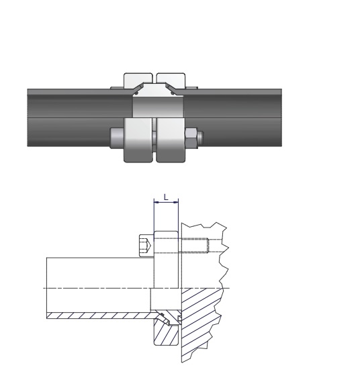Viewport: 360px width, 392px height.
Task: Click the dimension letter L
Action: click(x=166, y=197)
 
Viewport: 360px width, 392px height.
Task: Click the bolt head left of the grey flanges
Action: click(x=117, y=138)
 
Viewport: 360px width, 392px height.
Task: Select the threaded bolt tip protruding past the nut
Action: click(x=201, y=138)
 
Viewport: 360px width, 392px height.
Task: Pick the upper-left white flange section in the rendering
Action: click(x=138, y=81)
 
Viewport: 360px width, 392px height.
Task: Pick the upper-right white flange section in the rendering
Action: click(x=171, y=81)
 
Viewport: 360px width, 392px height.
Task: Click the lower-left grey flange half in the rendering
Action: click(x=138, y=140)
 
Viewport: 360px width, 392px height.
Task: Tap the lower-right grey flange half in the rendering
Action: click(x=171, y=140)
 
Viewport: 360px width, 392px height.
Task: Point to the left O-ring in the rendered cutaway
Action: click(x=136, y=93)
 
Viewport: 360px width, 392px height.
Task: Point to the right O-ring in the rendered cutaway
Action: click(x=173, y=93)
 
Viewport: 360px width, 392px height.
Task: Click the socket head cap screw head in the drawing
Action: click(x=146, y=246)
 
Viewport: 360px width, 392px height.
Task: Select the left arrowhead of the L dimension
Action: click(x=156, y=202)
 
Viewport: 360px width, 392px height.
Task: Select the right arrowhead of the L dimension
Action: click(x=177, y=202)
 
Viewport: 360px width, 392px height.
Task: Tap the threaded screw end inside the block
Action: click(x=193, y=246)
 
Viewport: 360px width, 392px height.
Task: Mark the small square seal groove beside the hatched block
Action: click(x=179, y=318)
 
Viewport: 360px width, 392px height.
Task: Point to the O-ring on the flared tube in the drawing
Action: click(x=162, y=314)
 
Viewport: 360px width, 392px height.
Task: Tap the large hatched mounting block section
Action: click(x=200, y=322)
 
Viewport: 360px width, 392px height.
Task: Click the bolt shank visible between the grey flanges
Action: click(x=154, y=138)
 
